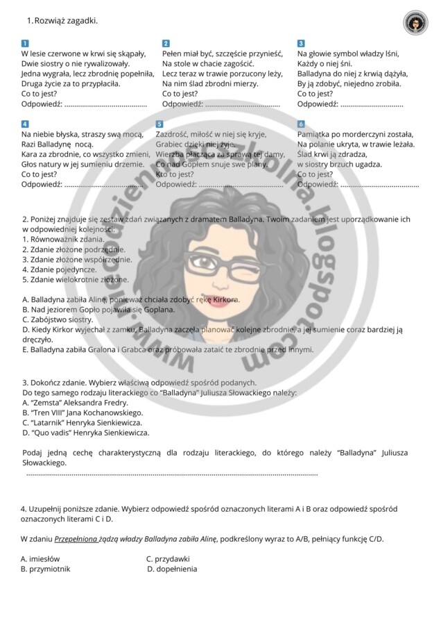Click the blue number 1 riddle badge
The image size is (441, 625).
click(25, 43)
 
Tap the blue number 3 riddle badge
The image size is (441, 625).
click(301, 43)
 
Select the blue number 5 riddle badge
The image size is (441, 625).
click(159, 124)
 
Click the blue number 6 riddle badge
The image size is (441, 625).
click(301, 124)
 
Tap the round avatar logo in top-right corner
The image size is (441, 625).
click(415, 23)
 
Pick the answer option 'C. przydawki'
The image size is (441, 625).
click(168, 558)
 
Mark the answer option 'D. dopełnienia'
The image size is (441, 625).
click(172, 569)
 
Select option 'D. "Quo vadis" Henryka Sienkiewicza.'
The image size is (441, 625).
click(85, 432)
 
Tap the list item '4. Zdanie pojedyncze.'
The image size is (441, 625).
click(61, 268)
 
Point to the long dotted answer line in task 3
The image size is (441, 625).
click(172, 474)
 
